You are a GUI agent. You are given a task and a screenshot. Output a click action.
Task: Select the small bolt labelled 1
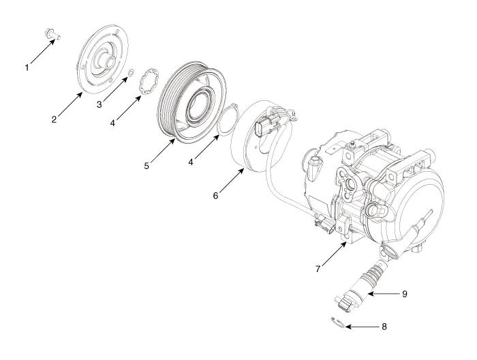[x=52, y=33]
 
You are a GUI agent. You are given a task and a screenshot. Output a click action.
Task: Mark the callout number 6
[x=216, y=196]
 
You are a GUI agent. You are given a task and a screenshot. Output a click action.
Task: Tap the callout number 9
[x=405, y=294]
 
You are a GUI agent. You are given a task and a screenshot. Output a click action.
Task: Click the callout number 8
[x=384, y=327]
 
